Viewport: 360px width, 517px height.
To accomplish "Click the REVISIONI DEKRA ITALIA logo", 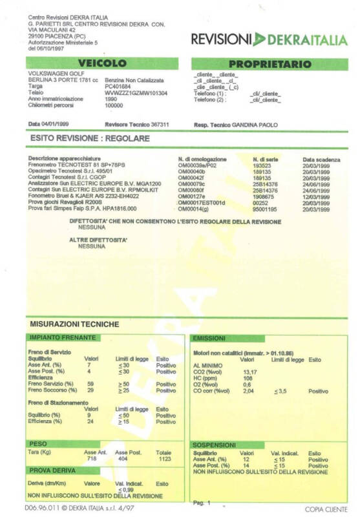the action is click(268, 40).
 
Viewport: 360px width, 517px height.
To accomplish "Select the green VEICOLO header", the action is click(103, 63).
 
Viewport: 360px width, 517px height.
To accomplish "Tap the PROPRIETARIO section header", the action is click(270, 64).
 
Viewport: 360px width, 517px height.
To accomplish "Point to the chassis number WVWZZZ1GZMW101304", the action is click(136, 93).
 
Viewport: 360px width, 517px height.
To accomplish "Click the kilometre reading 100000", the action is click(114, 105).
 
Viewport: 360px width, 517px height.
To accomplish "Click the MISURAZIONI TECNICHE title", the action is click(74, 323).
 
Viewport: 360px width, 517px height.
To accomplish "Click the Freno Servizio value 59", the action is click(90, 385).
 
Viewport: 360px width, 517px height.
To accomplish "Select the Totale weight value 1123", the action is click(164, 458).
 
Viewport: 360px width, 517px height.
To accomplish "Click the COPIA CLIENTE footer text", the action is click(326, 509).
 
